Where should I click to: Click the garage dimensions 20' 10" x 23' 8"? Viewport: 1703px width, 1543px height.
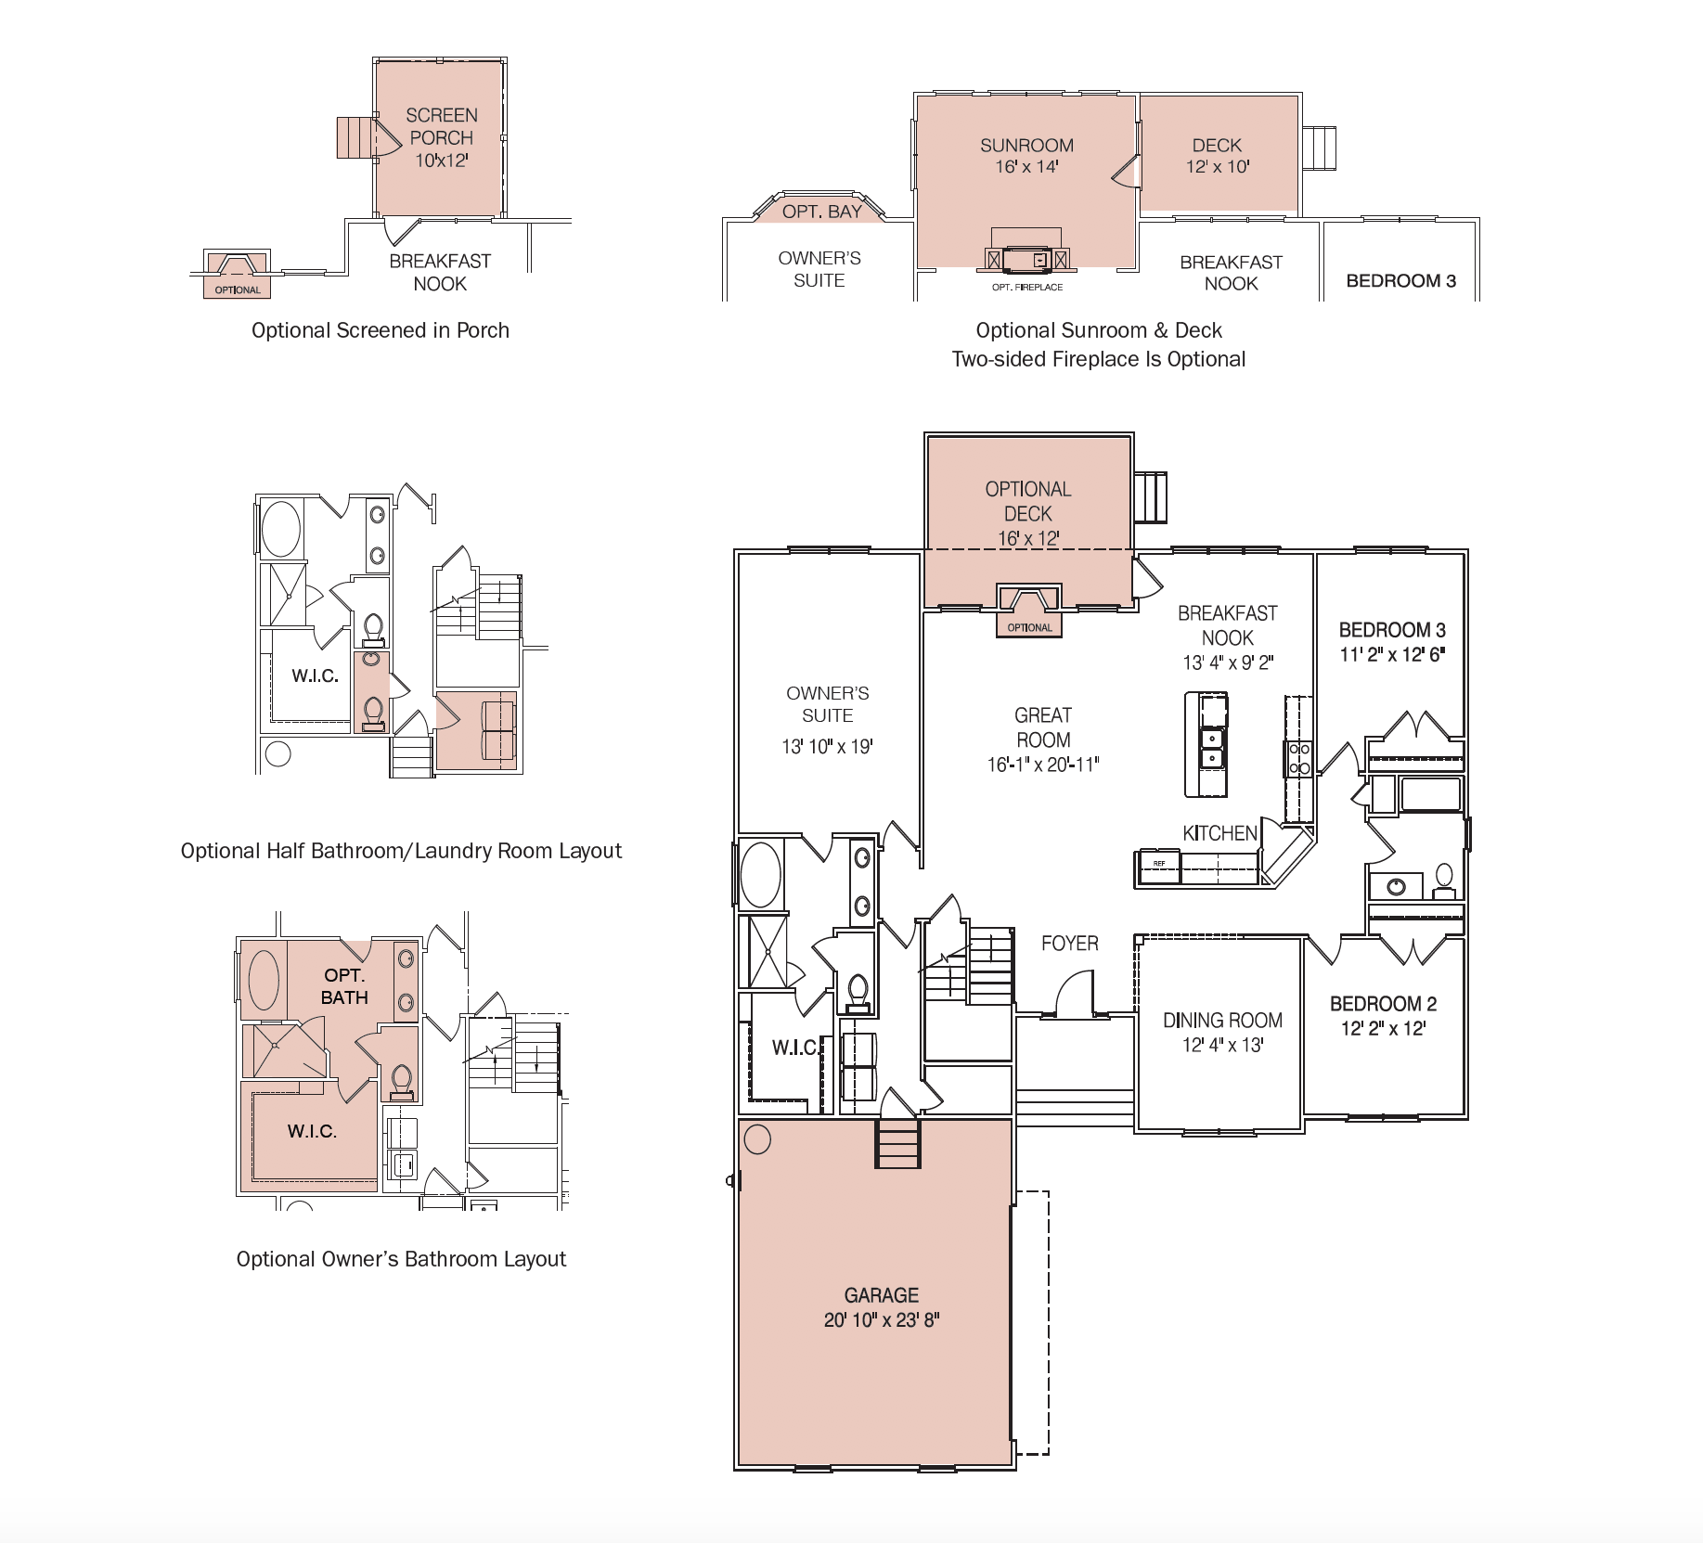click(x=881, y=1319)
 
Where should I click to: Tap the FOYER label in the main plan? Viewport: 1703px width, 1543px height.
click(x=1069, y=944)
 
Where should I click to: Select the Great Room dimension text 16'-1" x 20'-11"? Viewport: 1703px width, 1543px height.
click(x=1042, y=765)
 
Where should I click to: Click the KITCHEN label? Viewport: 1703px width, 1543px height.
click(x=1219, y=833)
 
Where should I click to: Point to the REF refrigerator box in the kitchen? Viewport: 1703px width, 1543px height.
click(x=1158, y=864)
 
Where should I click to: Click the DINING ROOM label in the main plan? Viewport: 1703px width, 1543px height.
click(x=1222, y=1021)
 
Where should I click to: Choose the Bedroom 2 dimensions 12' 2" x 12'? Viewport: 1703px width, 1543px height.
click(x=1383, y=1028)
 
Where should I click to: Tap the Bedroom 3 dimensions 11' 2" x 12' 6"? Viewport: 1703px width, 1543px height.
click(x=1392, y=654)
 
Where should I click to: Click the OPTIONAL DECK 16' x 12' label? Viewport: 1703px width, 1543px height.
click(x=1028, y=513)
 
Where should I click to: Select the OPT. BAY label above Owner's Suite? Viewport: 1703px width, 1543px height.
click(x=821, y=212)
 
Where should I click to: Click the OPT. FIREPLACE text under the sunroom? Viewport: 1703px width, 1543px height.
click(x=1026, y=287)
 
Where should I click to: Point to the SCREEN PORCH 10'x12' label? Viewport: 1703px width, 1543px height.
click(x=441, y=137)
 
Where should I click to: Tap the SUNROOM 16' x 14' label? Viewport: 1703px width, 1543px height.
click(x=1026, y=156)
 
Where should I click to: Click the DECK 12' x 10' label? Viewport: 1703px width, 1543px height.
click(x=1217, y=156)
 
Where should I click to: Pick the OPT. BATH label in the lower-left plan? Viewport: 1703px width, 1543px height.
click(x=344, y=986)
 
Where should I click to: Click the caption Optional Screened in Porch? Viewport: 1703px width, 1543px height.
click(x=380, y=330)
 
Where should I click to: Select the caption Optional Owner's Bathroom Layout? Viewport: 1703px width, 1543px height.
click(x=401, y=1259)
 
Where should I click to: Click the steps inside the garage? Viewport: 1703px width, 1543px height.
click(x=897, y=1144)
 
